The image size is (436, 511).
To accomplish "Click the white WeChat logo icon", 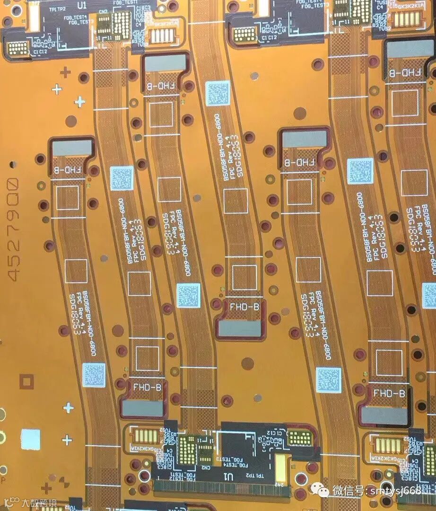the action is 324,491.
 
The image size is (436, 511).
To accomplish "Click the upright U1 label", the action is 82,5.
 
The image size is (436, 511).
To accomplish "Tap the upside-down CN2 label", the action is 206,467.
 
